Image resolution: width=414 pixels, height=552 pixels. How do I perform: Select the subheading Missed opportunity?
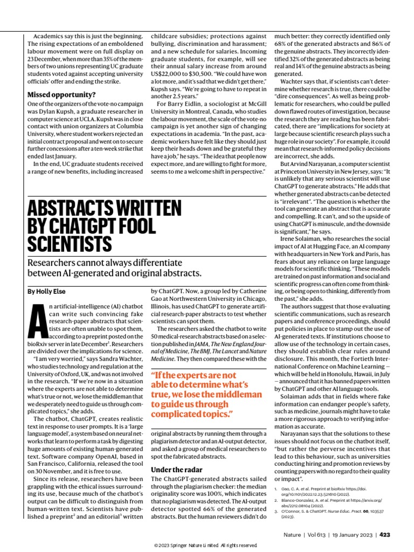61,95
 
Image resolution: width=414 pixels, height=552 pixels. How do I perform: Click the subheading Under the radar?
177,470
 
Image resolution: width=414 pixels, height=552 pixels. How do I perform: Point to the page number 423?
384,535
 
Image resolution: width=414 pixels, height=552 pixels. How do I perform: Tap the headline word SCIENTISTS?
70,243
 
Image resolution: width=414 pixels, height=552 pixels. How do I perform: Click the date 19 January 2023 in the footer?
350,535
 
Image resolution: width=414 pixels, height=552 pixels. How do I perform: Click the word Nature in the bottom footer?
296,535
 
